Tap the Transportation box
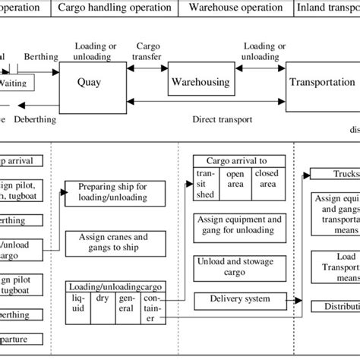tap(321, 82)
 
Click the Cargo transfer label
tap(146, 52)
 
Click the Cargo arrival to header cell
tap(238, 160)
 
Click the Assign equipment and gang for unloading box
tap(238, 225)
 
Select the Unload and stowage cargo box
tap(238, 264)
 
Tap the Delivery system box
tap(238, 299)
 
